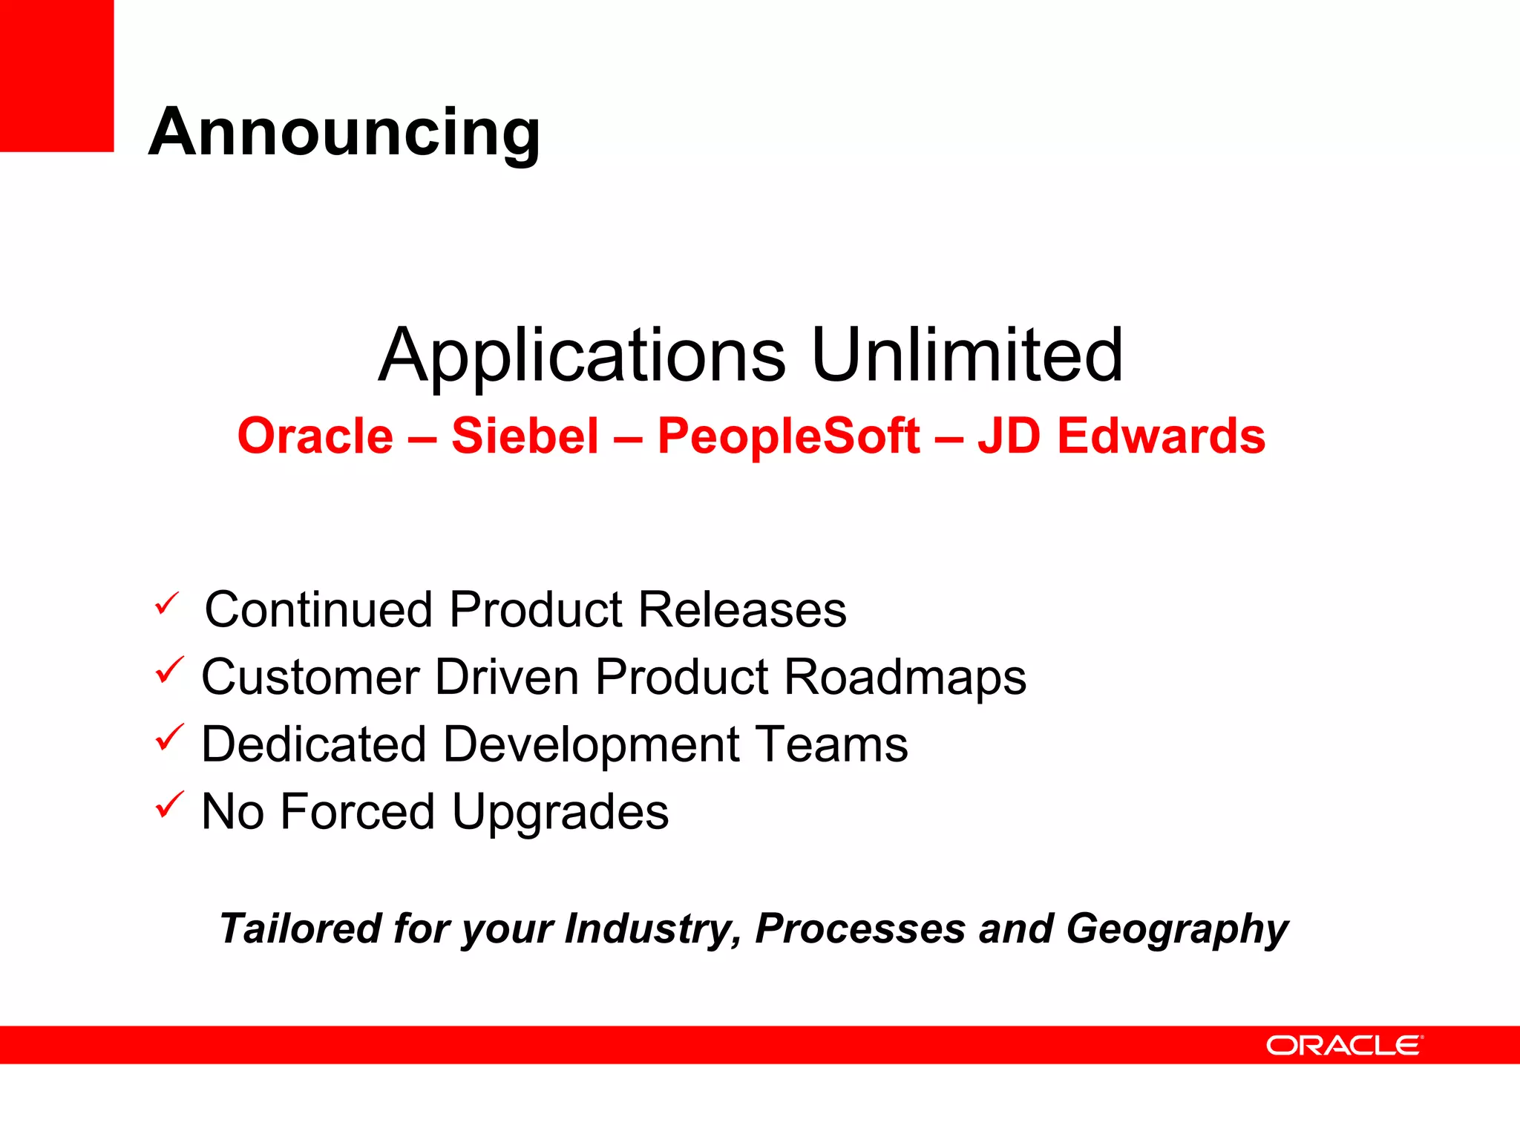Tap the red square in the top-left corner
point(56,76)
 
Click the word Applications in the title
point(582,356)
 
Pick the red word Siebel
point(525,436)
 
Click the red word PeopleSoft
point(788,436)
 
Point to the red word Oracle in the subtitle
point(315,436)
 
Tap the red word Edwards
point(1161,436)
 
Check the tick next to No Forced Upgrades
point(168,805)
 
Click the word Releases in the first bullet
point(742,610)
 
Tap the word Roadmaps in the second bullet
point(905,678)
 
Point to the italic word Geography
point(1177,930)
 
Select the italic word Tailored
point(301,928)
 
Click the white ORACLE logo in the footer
point(1344,1046)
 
